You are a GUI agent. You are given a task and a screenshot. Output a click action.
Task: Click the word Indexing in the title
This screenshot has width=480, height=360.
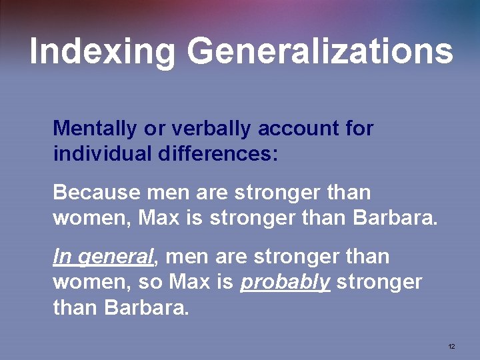pos(102,51)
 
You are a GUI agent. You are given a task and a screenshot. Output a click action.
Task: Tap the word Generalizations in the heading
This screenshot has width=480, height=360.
pos(320,51)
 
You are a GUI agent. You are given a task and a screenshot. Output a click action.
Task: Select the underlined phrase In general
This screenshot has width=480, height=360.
pos(103,257)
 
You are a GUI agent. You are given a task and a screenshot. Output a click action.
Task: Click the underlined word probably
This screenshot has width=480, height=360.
pos(285,282)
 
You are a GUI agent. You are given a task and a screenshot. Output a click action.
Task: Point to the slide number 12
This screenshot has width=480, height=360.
pos(451,347)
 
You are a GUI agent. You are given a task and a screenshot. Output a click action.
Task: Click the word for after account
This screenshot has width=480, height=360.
pos(359,128)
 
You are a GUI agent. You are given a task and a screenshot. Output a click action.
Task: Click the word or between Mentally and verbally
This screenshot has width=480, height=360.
pos(153,128)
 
